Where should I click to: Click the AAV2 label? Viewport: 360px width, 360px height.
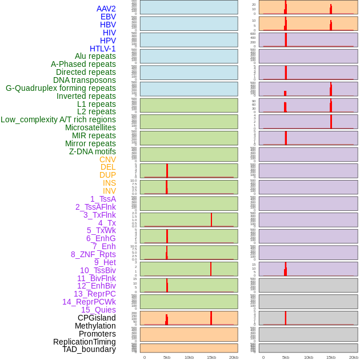[x=106, y=9]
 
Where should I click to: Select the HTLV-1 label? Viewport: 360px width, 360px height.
[x=103, y=49]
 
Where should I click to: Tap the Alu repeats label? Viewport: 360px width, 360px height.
[x=95, y=57]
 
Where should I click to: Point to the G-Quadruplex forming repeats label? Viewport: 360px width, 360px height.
[x=61, y=89]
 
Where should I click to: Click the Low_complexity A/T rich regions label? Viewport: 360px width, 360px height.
[x=58, y=119]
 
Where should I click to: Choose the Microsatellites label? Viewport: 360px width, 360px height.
[x=90, y=127]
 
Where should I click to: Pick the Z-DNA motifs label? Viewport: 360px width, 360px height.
[x=93, y=151]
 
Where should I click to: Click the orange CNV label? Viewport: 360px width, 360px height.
[x=107, y=159]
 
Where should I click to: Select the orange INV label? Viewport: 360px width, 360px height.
[x=109, y=191]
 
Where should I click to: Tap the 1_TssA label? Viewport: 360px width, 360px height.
[x=103, y=199]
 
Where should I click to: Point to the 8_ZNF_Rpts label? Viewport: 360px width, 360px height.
[x=93, y=254]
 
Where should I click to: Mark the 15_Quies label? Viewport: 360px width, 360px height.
[x=98, y=310]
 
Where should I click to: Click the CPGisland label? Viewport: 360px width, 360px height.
[x=97, y=318]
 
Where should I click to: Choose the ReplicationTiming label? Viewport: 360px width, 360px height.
[x=85, y=342]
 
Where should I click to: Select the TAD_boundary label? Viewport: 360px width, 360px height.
[x=89, y=349]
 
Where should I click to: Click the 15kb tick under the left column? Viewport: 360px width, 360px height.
[x=211, y=357]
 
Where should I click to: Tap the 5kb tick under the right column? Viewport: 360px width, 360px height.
[x=286, y=357]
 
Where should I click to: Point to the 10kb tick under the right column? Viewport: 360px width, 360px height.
[x=308, y=357]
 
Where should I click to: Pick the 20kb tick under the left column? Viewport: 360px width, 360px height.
[x=234, y=357]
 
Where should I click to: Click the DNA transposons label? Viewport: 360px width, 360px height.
[x=85, y=80]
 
